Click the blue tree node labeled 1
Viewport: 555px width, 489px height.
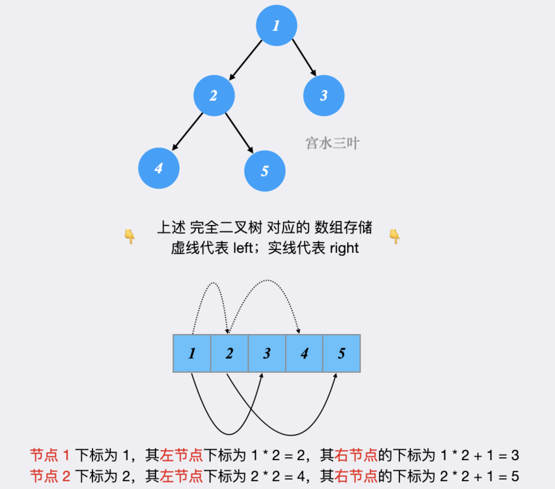276,26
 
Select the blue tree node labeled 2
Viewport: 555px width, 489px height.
214,96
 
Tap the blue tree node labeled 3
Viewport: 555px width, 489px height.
324,96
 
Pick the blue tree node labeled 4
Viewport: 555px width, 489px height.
159,168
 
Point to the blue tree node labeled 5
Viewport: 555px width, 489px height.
265,171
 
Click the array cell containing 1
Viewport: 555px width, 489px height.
192,353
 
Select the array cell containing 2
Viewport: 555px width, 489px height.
229,353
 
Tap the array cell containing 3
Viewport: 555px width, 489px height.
267,353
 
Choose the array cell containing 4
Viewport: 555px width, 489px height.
304,353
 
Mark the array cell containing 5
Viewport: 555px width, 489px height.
342,353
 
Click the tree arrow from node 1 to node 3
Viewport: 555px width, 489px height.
304,57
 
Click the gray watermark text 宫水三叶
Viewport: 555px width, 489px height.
332,143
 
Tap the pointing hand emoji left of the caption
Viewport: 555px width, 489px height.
130,236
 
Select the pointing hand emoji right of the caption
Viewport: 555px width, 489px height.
395,236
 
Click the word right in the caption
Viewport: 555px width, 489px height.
344,248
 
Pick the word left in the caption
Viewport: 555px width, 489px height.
243,248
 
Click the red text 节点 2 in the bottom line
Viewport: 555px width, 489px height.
50,476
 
